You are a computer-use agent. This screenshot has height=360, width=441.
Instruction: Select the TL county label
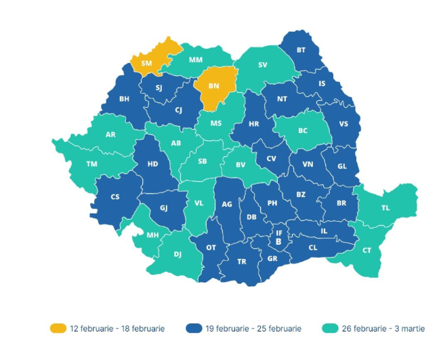click(385, 208)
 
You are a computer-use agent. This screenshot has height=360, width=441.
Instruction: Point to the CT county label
click(366, 250)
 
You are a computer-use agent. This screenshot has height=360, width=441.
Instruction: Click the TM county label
click(91, 164)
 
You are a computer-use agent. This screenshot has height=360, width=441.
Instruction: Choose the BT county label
click(301, 50)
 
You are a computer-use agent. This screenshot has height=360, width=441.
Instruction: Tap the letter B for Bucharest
click(278, 241)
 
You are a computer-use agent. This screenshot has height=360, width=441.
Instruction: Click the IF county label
click(278, 233)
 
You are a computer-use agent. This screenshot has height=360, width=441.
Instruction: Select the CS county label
click(114, 197)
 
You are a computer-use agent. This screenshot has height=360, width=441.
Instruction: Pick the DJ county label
click(177, 254)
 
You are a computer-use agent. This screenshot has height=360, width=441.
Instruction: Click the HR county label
click(254, 124)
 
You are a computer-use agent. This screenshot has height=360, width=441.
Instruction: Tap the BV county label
click(240, 165)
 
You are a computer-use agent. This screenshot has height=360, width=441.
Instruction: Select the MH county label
click(154, 235)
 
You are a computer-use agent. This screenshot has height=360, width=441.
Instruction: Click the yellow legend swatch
click(58, 328)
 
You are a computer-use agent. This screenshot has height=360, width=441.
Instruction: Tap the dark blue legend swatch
click(193, 328)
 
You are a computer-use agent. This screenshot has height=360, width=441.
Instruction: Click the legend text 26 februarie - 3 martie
click(384, 328)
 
